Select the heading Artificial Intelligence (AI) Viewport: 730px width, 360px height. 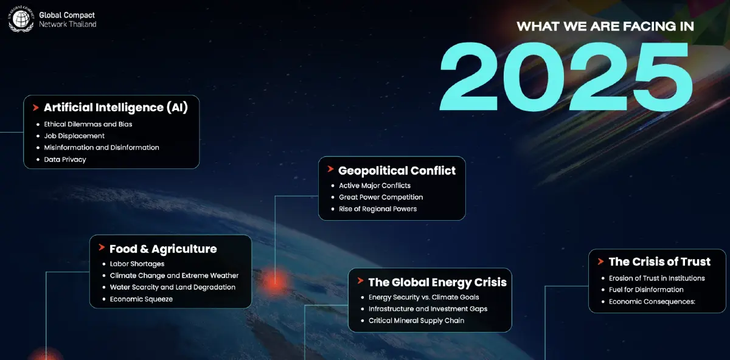pyautogui.click(x=116, y=108)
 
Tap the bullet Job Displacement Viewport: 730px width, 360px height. pyautogui.click(x=74, y=136)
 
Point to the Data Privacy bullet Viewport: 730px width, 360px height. pyautogui.click(x=65, y=159)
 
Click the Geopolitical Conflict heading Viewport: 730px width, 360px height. pyautogui.click(x=397, y=170)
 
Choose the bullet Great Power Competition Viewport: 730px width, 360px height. pyautogui.click(x=381, y=197)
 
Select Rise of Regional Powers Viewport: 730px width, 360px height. pyautogui.click(x=378, y=209)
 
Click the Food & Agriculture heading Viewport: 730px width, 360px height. pyautogui.click(x=163, y=249)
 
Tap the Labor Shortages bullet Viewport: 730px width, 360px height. pyautogui.click(x=137, y=264)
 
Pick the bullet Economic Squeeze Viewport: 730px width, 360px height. pyautogui.click(x=141, y=299)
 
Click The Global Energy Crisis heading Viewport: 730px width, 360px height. pyautogui.click(x=437, y=282)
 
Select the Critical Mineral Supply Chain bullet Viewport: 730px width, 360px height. pyautogui.click(x=416, y=320)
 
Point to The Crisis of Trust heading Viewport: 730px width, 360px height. pyautogui.click(x=659, y=261)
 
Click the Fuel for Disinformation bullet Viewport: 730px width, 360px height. pyautogui.click(x=646, y=289)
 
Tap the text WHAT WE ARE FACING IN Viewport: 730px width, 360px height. pyautogui.click(x=605, y=27)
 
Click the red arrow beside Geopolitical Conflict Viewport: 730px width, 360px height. pyautogui.click(x=330, y=169)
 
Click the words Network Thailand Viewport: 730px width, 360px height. pyautogui.click(x=68, y=24)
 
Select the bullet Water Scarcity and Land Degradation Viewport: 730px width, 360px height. pyautogui.click(x=172, y=287)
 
